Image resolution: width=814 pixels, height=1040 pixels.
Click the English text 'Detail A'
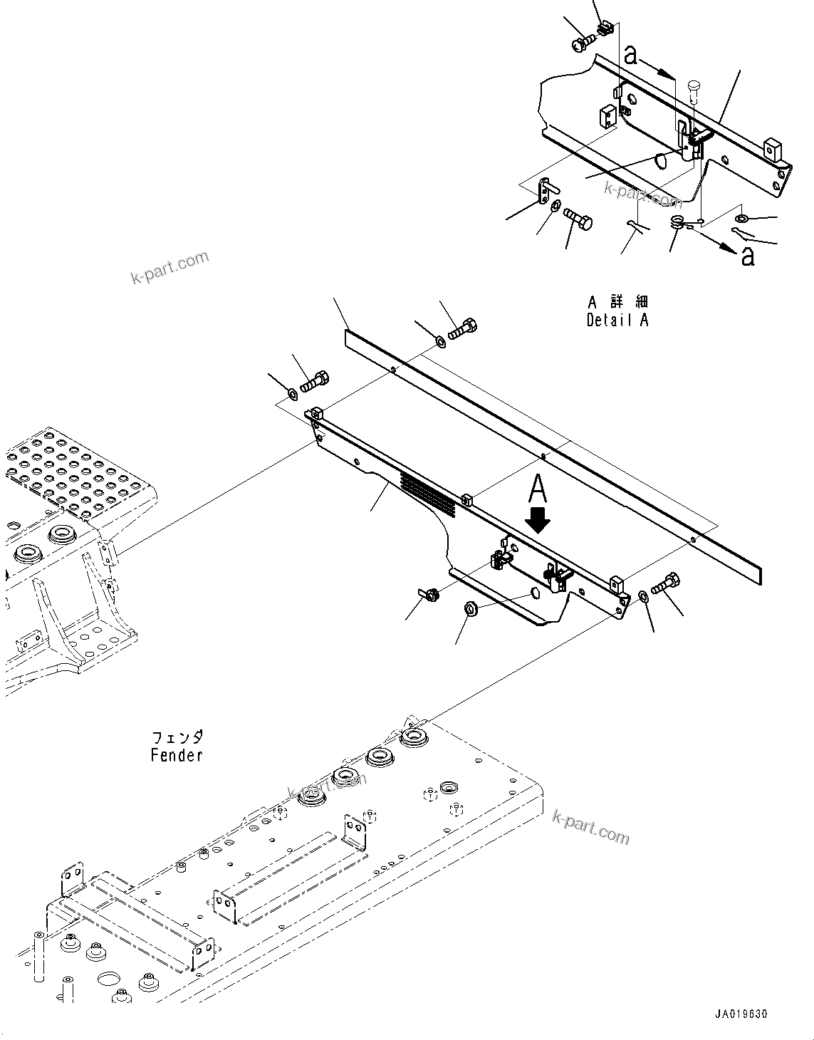[x=617, y=321]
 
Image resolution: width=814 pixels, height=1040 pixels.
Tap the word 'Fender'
[x=177, y=755]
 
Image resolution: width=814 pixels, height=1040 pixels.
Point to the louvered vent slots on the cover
[x=427, y=492]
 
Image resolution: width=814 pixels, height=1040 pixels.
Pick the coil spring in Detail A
[x=677, y=222]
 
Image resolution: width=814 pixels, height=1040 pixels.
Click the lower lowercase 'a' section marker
[x=747, y=255]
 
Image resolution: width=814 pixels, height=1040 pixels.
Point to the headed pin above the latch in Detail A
[x=695, y=91]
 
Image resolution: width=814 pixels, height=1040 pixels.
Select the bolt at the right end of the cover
[x=664, y=583]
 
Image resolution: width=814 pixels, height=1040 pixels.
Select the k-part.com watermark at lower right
[x=590, y=827]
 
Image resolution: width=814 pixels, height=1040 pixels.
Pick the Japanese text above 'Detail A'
[x=617, y=302]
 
